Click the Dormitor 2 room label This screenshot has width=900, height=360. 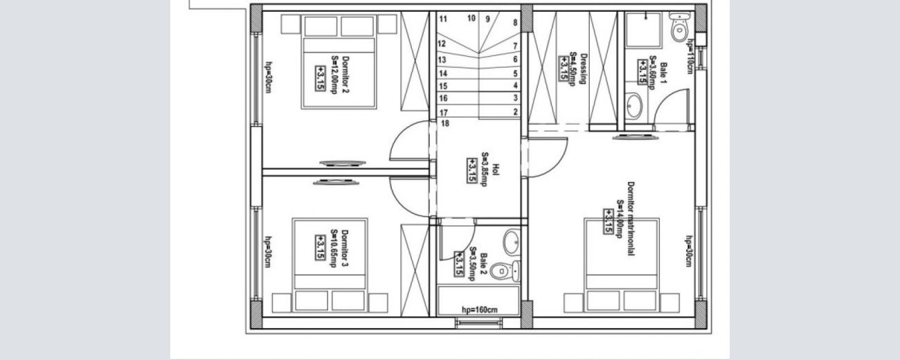345,75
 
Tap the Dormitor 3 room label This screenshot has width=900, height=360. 345,248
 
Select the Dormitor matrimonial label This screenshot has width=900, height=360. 631,219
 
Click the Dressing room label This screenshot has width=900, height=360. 584,69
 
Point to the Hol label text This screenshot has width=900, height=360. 496,169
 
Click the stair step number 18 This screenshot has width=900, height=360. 444,123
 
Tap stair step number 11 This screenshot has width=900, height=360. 443,19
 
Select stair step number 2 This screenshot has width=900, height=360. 516,111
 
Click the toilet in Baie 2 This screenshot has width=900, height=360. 505,271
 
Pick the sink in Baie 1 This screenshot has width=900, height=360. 633,106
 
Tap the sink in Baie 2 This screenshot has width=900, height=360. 512,242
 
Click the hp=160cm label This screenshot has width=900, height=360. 479,309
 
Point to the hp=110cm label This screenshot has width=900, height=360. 690,56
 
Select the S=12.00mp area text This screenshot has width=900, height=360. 334,75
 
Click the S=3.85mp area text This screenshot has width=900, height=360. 485,169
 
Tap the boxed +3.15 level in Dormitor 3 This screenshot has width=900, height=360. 320,248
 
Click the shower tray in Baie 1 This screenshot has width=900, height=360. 644,30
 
